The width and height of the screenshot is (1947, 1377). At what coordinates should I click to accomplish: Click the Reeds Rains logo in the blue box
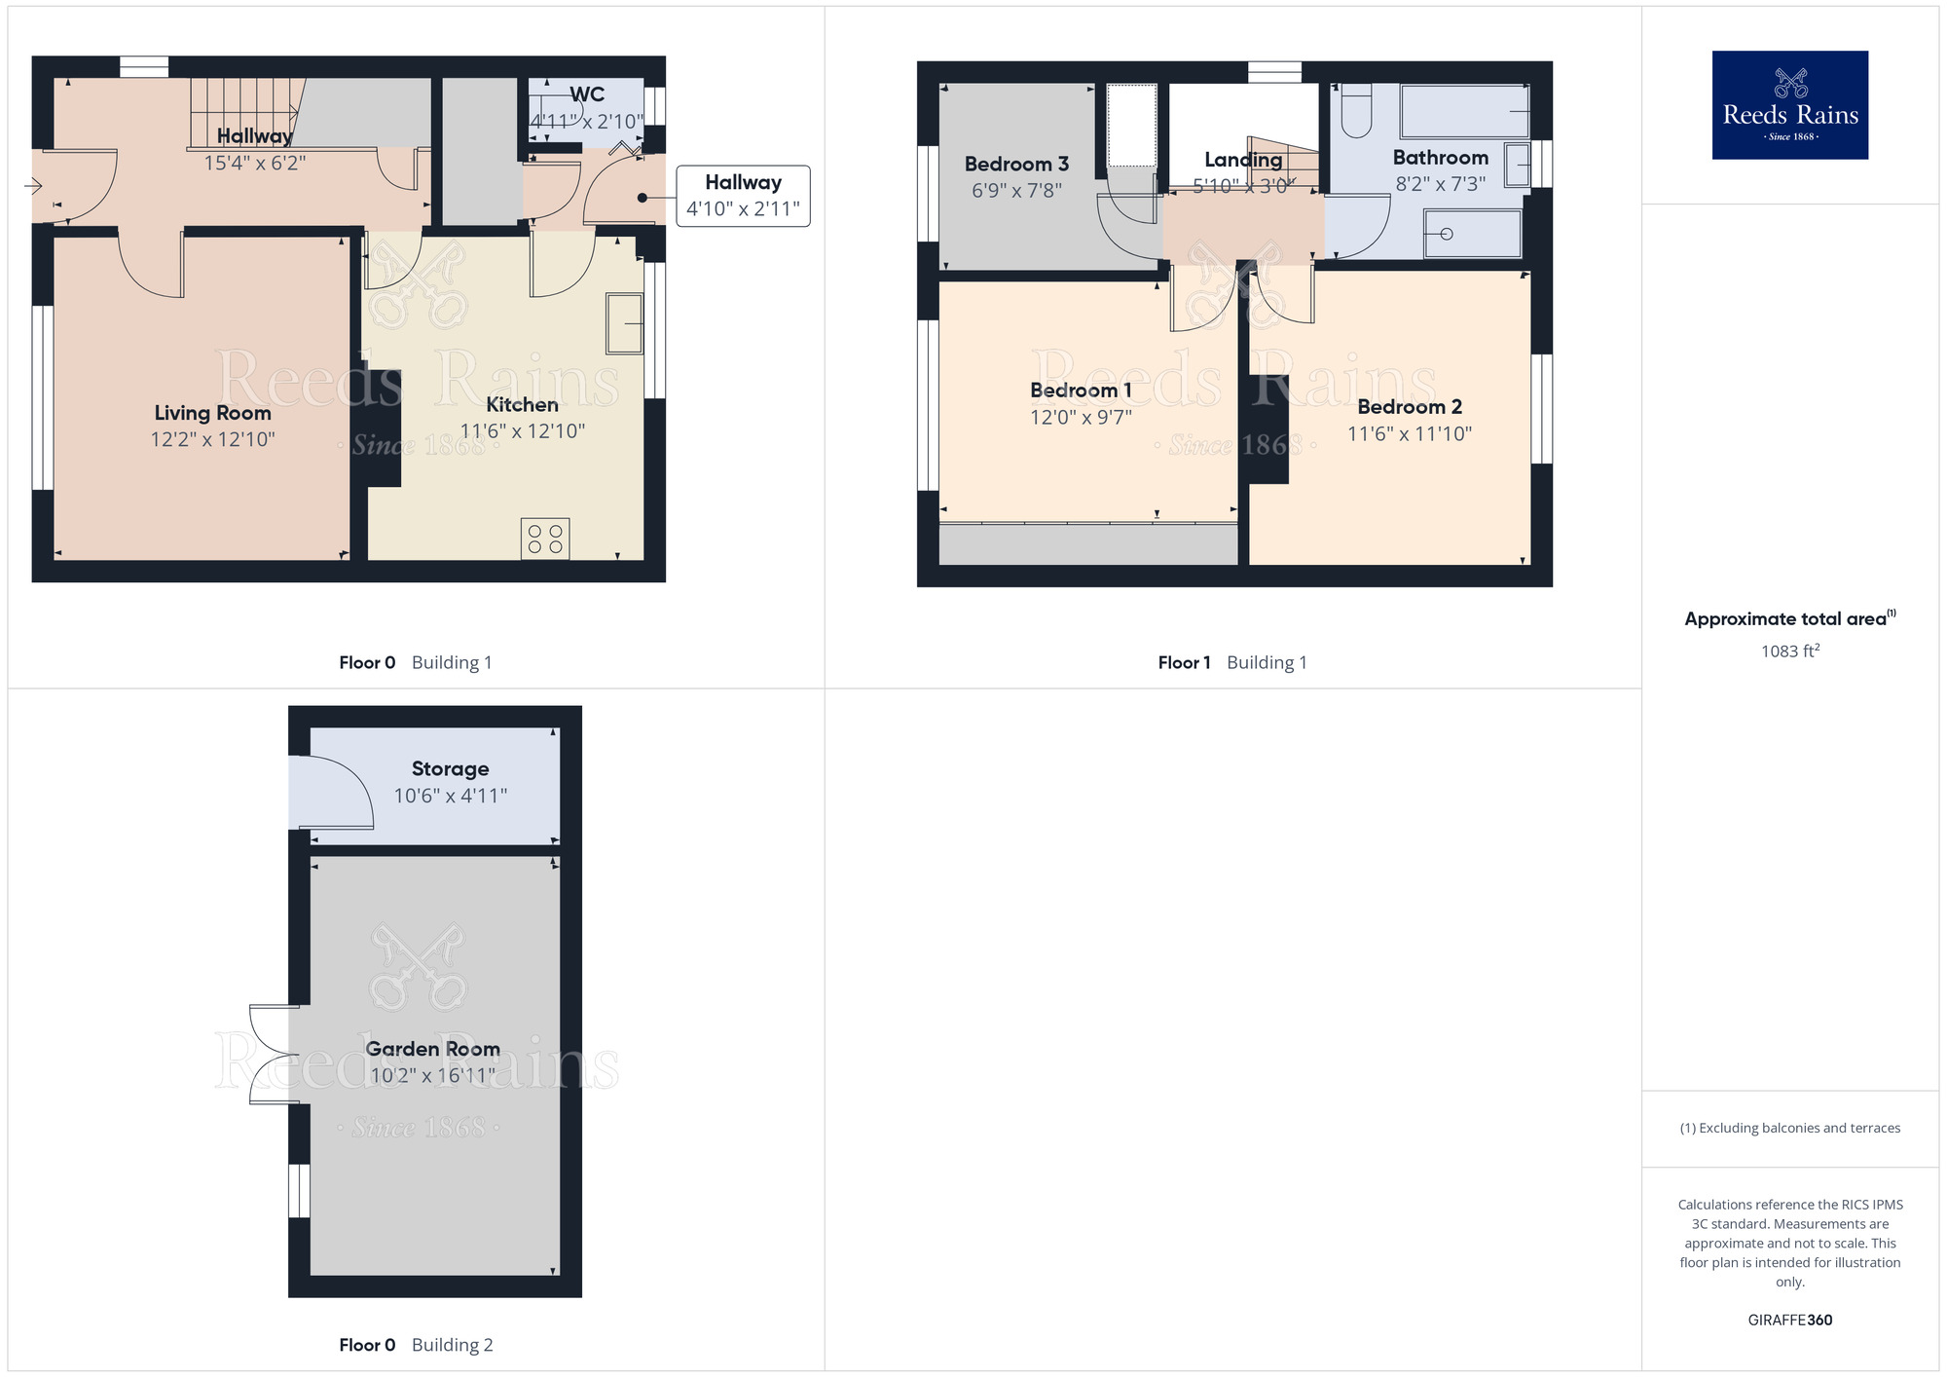[1789, 105]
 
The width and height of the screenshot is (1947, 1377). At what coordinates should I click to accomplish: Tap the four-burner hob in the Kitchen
[545, 539]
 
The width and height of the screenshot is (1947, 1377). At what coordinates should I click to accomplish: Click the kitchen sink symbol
[624, 322]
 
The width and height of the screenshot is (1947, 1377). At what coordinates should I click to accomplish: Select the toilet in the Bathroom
[1356, 110]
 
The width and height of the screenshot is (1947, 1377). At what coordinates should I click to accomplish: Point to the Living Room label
[212, 413]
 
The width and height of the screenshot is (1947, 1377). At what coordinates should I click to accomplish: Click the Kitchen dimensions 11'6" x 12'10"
[522, 431]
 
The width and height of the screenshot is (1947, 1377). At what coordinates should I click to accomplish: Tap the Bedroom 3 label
[1016, 164]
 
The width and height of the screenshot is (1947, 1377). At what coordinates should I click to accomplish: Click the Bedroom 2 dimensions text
[1409, 434]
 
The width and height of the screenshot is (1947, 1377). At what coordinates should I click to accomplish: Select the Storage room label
[450, 768]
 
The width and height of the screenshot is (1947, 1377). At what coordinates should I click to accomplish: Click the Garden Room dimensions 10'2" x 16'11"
[432, 1075]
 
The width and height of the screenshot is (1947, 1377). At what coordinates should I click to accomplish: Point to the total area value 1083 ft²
[1789, 651]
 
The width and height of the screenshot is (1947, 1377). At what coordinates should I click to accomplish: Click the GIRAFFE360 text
[1789, 1320]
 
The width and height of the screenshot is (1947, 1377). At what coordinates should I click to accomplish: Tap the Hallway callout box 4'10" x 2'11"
[743, 196]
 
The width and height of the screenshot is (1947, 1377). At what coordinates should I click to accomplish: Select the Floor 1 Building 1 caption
[1231, 662]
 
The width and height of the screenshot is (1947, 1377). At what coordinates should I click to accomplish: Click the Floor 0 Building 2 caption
[416, 1345]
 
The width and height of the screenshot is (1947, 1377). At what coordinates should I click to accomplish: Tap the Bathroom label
[1440, 158]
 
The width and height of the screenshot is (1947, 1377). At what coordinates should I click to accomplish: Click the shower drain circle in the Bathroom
[1447, 234]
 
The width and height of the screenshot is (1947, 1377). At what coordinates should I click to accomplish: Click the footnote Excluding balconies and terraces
[1789, 1128]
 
